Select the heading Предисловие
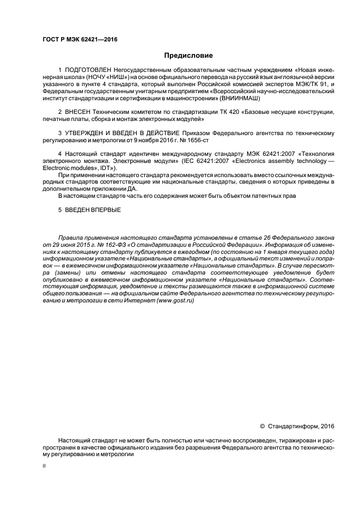(189, 56)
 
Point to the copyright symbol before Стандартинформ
(262, 425)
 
